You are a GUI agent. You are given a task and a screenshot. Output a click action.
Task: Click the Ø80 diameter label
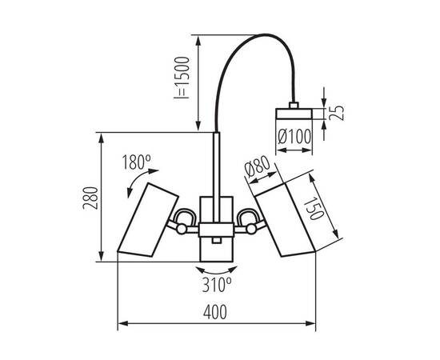(x=255, y=170)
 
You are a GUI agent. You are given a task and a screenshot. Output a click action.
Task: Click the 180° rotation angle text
(x=137, y=163)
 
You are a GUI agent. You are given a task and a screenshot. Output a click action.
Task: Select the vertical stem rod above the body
(x=217, y=164)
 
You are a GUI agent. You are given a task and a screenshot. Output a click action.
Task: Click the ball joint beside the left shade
(x=182, y=230)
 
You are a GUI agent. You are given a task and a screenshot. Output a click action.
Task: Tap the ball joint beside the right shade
(x=251, y=230)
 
